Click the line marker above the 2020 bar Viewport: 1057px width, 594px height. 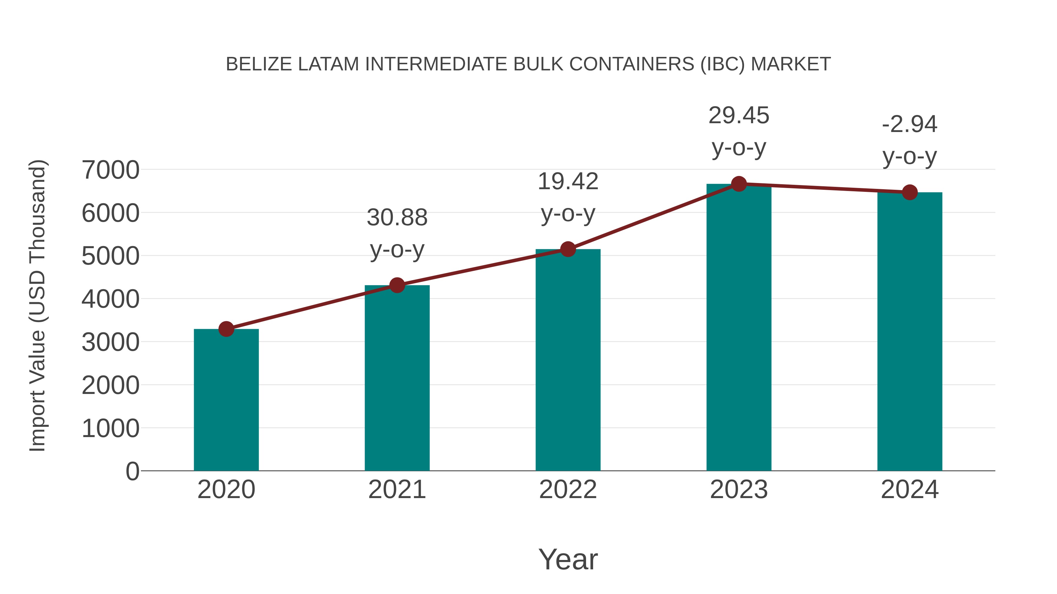click(x=226, y=329)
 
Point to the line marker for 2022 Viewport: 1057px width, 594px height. click(x=568, y=249)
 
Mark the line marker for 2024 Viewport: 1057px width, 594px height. click(x=910, y=192)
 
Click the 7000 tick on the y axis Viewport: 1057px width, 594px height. click(x=110, y=170)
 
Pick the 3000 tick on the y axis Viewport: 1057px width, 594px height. click(x=110, y=342)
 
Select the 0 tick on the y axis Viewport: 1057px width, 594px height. click(x=132, y=471)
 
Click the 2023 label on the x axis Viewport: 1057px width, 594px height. click(x=739, y=490)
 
